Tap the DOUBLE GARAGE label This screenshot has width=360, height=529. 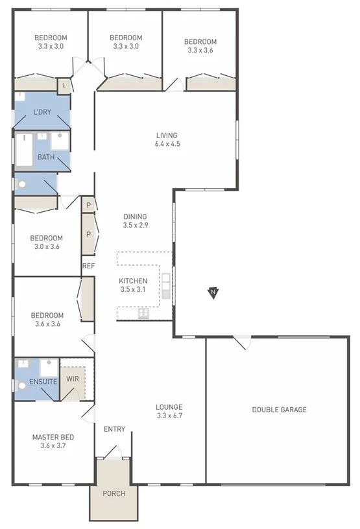coord(279,409)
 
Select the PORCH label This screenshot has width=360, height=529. coord(114,493)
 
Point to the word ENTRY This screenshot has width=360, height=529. coord(114,429)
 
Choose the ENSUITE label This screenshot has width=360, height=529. coord(43,381)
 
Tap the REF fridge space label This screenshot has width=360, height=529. coord(88,265)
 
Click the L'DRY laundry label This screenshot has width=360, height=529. coord(42,112)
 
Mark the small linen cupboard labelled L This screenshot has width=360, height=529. coord(64,85)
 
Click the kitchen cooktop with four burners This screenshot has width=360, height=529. coord(143,314)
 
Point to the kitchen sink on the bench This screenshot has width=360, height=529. coord(166,285)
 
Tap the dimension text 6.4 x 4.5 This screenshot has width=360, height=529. coord(167,144)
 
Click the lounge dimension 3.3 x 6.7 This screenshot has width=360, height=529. coord(169,416)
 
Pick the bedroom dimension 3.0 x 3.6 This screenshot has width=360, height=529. coord(47,246)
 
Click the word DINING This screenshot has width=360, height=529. coord(135,217)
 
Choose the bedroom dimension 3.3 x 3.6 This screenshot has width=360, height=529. coord(200,50)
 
